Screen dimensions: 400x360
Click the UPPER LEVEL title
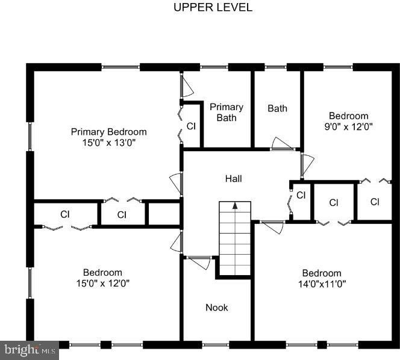[x=213, y=7]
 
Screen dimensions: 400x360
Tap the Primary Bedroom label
[x=108, y=132]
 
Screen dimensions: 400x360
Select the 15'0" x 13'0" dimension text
[x=108, y=143]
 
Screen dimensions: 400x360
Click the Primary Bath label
[x=227, y=113]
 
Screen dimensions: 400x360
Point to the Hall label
[x=233, y=178]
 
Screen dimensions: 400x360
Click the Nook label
[x=217, y=308]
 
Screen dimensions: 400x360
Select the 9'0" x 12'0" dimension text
[x=348, y=126]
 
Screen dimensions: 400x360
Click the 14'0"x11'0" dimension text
[x=322, y=284]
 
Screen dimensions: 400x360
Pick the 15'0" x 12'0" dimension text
[x=103, y=283]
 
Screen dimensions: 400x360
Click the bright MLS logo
[x=30, y=350]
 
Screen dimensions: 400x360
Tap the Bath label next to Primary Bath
[x=277, y=108]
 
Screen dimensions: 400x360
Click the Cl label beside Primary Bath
[x=191, y=126]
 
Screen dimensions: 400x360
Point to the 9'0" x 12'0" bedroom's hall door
[x=307, y=166]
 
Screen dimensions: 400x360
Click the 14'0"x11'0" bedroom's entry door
[x=272, y=228]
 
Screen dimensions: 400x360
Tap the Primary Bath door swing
[x=187, y=85]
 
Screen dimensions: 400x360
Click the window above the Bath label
[x=275, y=67]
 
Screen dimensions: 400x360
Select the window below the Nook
[x=216, y=345]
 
